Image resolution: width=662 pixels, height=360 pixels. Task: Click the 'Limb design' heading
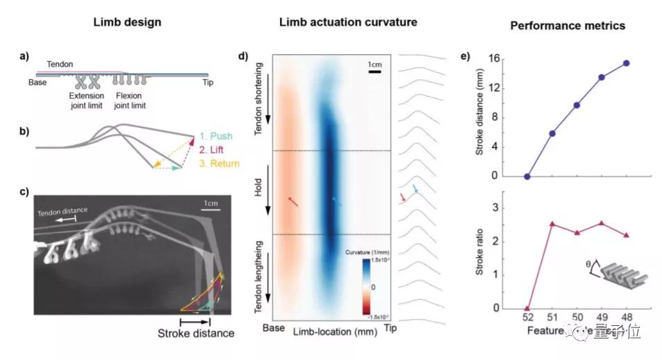pyautogui.click(x=127, y=22)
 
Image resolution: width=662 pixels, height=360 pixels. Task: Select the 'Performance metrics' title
pyautogui.click(x=568, y=25)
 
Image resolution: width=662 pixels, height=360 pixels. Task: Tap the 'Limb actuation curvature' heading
pyautogui.click(x=348, y=22)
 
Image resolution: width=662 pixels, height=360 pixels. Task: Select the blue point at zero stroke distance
pyautogui.click(x=527, y=177)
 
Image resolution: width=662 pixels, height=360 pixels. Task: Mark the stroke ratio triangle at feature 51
pyautogui.click(x=552, y=224)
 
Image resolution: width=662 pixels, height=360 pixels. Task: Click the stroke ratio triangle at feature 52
pyautogui.click(x=527, y=308)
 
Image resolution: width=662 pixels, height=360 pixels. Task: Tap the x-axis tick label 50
pyautogui.click(x=577, y=318)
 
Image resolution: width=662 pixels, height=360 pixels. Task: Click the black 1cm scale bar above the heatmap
pyautogui.click(x=373, y=70)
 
